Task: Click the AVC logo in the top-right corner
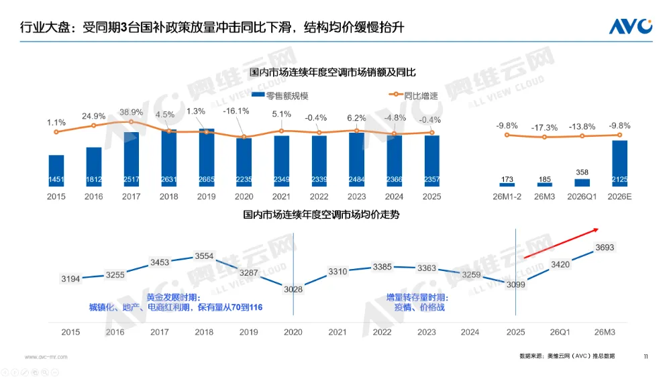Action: (x=630, y=26)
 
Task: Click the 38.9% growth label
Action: (x=131, y=112)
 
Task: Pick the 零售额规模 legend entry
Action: (x=282, y=96)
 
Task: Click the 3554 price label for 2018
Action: (x=203, y=256)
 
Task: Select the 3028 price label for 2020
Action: (x=293, y=289)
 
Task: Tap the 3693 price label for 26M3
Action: (x=605, y=248)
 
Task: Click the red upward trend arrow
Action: (x=561, y=243)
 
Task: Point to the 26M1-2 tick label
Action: (x=507, y=197)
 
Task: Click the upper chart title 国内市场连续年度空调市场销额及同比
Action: (x=333, y=72)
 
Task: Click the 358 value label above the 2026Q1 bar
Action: (x=582, y=172)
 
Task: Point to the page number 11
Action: (x=646, y=356)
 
